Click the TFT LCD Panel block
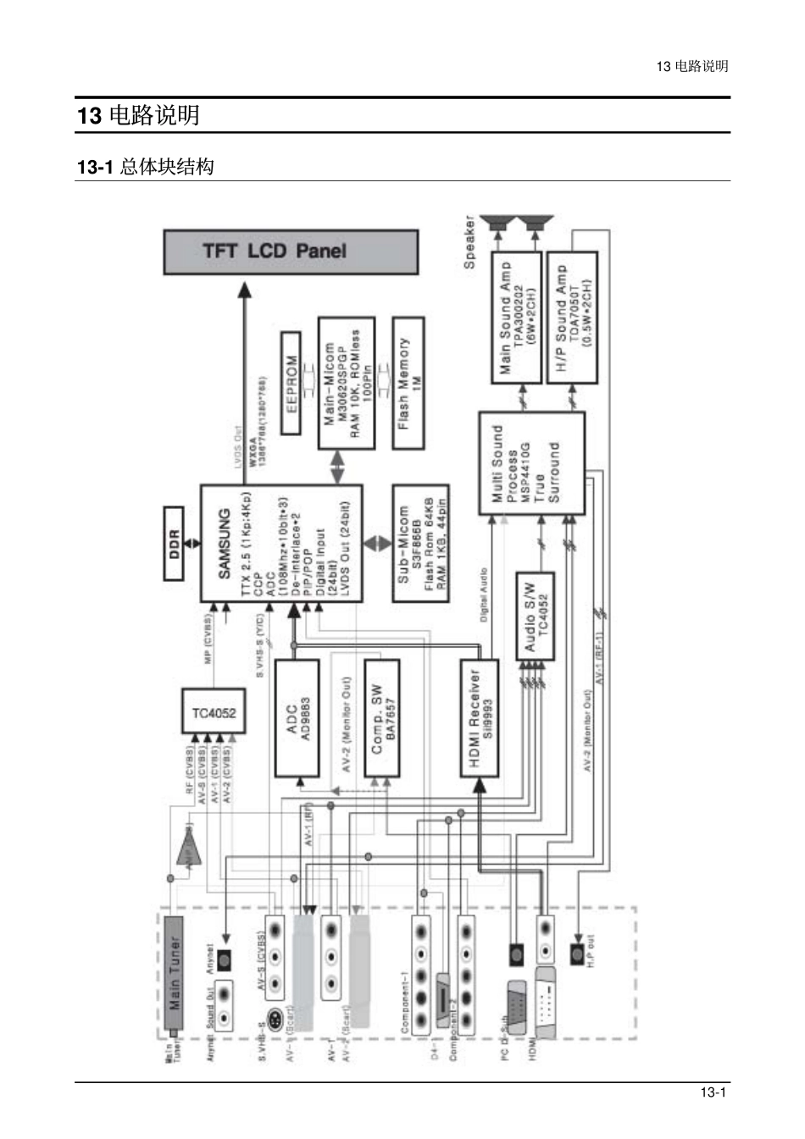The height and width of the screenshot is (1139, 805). pos(291,252)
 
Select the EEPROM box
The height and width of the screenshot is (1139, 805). pos(291,383)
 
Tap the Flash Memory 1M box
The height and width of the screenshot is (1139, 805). pos(409,384)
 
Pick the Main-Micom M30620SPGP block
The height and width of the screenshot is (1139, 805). pos(347,383)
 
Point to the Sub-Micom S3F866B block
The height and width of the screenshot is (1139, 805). pos(420,543)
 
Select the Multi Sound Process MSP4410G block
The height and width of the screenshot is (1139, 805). pos(531,464)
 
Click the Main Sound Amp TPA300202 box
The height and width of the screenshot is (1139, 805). pos(516,317)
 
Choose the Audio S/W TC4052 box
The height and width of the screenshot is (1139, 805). pos(536,616)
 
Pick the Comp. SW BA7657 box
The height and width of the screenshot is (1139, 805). pos(381,718)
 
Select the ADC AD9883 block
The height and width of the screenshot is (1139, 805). pos(297,718)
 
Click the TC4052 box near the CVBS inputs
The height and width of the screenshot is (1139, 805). pos(213,711)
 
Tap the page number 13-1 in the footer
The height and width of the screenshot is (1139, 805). pos(713,1092)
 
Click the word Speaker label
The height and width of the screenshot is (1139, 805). pos(469,243)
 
